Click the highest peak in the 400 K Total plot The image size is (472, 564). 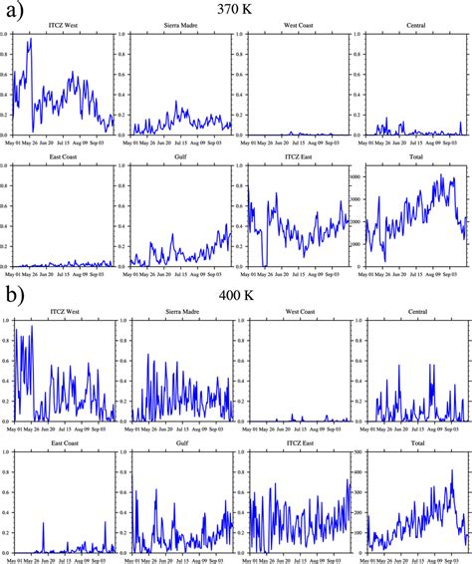451,470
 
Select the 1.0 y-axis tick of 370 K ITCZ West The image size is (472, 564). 6,34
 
